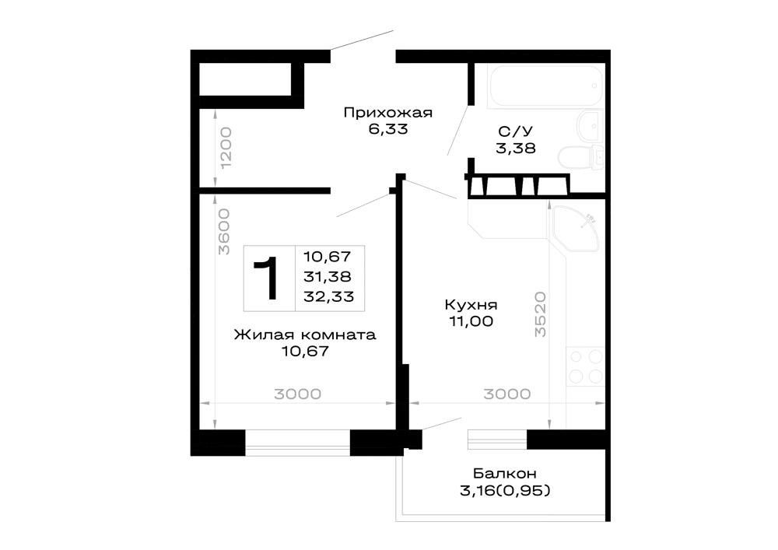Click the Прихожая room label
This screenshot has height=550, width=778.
[388, 114]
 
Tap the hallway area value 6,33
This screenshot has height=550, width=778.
[388, 129]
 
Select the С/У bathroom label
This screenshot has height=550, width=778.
[516, 132]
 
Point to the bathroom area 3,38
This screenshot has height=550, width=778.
[516, 149]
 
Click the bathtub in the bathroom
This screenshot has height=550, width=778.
[546, 86]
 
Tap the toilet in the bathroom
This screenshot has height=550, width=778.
[581, 158]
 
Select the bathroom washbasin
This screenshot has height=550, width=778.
[591, 127]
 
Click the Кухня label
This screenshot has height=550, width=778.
[471, 304]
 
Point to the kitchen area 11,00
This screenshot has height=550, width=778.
[471, 321]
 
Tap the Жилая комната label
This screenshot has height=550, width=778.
[305, 335]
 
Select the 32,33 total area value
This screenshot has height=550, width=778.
[329, 296]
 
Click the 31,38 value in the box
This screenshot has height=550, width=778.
[328, 276]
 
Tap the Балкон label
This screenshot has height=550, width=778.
[505, 474]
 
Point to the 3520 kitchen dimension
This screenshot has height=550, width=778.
[540, 314]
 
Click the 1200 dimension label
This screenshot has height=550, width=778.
[226, 148]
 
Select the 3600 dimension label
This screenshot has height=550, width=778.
[224, 232]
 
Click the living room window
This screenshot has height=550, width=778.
[298, 443]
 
